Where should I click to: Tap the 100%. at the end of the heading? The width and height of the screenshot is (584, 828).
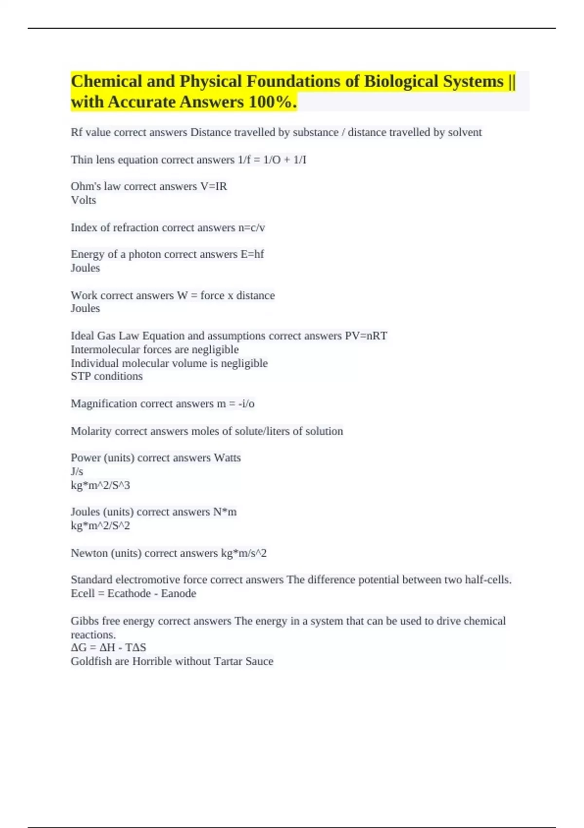point(272,102)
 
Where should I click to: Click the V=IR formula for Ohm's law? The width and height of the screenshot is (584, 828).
point(214,186)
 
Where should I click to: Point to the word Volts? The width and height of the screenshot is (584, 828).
point(83,200)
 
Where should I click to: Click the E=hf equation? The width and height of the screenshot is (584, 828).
point(252,254)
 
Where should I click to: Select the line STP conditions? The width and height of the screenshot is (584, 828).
point(107,376)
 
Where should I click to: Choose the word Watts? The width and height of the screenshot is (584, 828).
point(227,458)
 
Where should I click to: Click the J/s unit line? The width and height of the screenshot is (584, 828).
point(77,471)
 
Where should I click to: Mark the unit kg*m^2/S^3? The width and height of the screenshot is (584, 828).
point(100,485)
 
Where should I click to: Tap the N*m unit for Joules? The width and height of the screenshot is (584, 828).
point(225,512)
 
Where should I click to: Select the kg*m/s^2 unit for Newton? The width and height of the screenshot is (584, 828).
point(244,553)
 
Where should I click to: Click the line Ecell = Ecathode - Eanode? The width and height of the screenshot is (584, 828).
point(133,593)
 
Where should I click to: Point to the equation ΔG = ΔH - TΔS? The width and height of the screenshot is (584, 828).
point(108,647)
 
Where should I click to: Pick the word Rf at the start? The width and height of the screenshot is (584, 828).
point(76,132)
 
